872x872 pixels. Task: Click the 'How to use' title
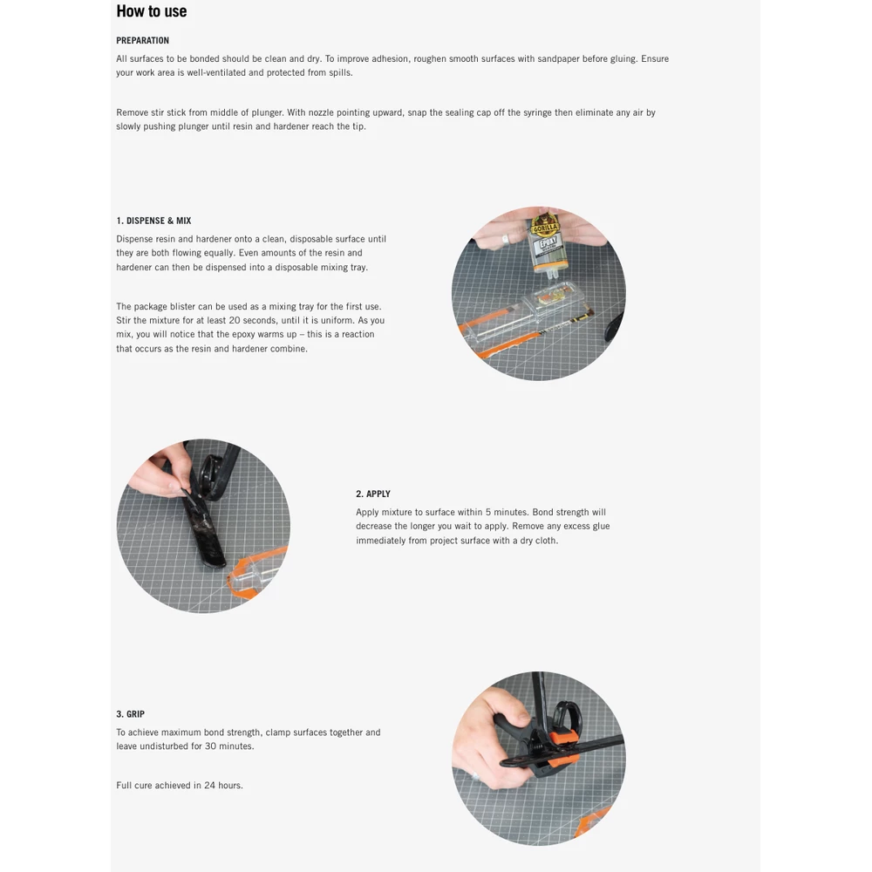(151, 11)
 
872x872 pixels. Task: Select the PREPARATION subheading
(143, 41)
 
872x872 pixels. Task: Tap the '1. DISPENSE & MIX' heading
(153, 221)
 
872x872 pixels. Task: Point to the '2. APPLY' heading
(373, 494)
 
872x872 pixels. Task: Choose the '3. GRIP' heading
(131, 714)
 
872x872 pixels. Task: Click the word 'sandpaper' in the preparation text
(558, 59)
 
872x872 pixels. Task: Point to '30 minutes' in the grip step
(229, 746)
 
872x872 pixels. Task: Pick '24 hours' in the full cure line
(223, 786)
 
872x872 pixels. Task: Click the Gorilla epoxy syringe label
(546, 232)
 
